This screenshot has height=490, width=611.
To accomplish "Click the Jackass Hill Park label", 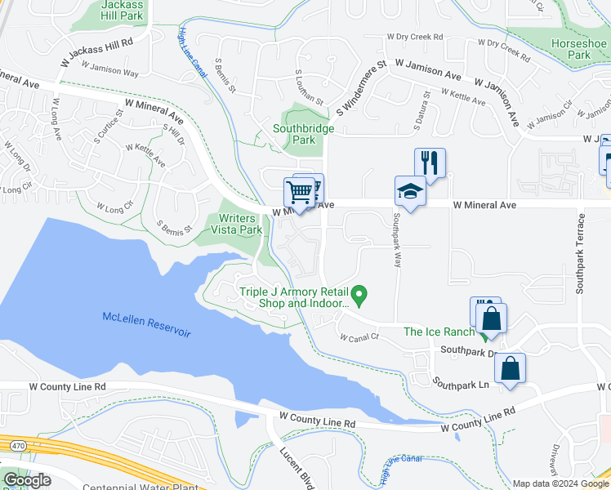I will tap(123, 10).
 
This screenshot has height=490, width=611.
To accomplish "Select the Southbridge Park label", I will tap(305, 133).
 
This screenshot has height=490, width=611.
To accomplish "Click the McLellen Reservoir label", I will tap(146, 324).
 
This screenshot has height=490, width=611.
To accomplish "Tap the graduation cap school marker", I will tap(410, 192).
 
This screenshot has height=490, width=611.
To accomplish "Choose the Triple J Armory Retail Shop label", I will tap(292, 298).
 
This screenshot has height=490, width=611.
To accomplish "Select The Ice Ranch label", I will tap(439, 331).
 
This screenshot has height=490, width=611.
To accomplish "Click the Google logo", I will tap(27, 480).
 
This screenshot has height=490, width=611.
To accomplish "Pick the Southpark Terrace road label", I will tap(581, 254).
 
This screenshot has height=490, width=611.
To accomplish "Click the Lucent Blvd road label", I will tap(297, 466).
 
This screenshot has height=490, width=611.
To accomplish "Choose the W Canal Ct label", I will tap(359, 336).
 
